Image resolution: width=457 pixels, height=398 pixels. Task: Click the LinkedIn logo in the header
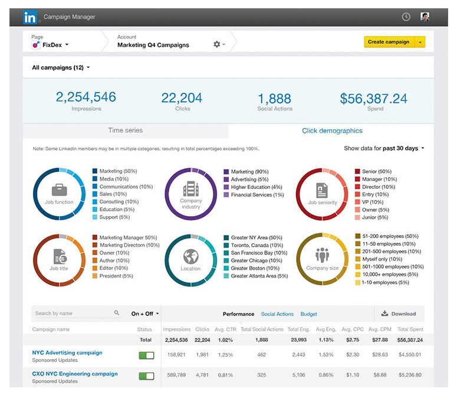(30, 17)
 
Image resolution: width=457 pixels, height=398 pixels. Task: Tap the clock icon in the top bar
(406, 17)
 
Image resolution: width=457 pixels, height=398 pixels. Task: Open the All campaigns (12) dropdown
(61, 68)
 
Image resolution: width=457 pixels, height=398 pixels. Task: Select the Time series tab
(125, 131)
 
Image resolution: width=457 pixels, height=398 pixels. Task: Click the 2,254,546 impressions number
(86, 97)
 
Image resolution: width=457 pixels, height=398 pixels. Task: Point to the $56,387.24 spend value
(374, 99)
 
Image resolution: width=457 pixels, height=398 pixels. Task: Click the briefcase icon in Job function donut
(59, 190)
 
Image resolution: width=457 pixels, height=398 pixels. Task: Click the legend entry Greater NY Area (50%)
(255, 238)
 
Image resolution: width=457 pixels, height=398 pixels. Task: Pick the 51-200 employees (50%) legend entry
(387, 236)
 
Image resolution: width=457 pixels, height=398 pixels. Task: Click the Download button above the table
(399, 314)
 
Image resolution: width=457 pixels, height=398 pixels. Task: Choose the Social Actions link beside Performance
(277, 314)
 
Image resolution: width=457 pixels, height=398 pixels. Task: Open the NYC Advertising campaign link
(67, 353)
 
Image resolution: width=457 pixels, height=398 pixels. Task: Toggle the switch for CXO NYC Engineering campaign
(146, 376)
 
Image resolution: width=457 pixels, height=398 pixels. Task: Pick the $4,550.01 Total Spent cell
(409, 355)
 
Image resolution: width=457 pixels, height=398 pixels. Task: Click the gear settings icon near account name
(216, 44)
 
